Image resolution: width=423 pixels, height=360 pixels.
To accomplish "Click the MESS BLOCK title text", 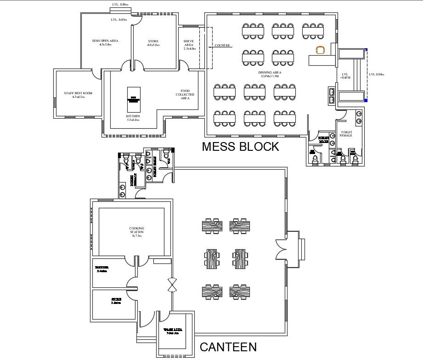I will [240, 147].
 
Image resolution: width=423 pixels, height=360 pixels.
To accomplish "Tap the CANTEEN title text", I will [228, 347].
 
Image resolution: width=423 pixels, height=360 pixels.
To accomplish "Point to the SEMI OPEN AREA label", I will [105, 43].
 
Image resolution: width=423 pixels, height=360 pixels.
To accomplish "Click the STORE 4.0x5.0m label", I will [153, 43].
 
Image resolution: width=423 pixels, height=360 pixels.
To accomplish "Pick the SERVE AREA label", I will [189, 44].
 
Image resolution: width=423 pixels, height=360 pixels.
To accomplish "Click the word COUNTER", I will [222, 46].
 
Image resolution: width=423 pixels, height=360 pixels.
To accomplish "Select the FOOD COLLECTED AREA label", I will [185, 94].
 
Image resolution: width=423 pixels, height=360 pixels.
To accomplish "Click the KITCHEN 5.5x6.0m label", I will [133, 118].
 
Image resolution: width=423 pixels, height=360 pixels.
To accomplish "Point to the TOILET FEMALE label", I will [346, 134].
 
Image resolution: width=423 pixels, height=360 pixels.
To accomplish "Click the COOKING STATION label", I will [136, 232].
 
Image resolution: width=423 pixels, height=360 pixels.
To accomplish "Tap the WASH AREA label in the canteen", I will [173, 331].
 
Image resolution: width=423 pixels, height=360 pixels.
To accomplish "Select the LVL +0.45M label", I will [346, 76].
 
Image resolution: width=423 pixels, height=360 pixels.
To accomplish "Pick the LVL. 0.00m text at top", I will [120, 5].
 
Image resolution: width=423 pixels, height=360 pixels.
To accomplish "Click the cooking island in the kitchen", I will [133, 98].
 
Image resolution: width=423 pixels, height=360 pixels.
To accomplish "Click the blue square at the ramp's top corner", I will [366, 49].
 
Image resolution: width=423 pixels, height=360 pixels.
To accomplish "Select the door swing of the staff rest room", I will [96, 74].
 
